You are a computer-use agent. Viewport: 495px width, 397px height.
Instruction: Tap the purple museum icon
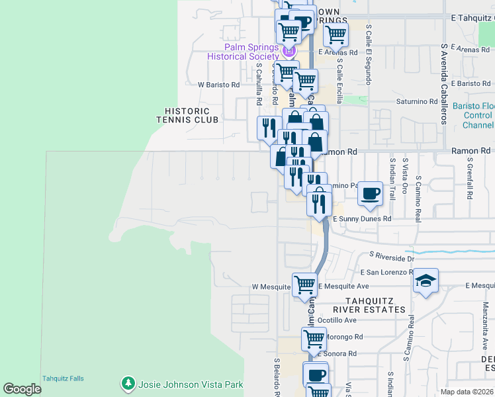point(288,51)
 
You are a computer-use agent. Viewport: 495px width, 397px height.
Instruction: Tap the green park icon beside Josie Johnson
point(126,384)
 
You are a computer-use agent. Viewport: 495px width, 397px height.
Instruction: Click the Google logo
point(22,389)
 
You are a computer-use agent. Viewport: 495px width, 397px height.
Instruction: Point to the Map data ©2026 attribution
point(467,392)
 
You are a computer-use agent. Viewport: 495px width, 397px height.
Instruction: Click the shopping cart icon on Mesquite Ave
point(304,284)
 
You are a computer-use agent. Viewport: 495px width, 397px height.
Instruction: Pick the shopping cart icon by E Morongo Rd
point(314,338)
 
